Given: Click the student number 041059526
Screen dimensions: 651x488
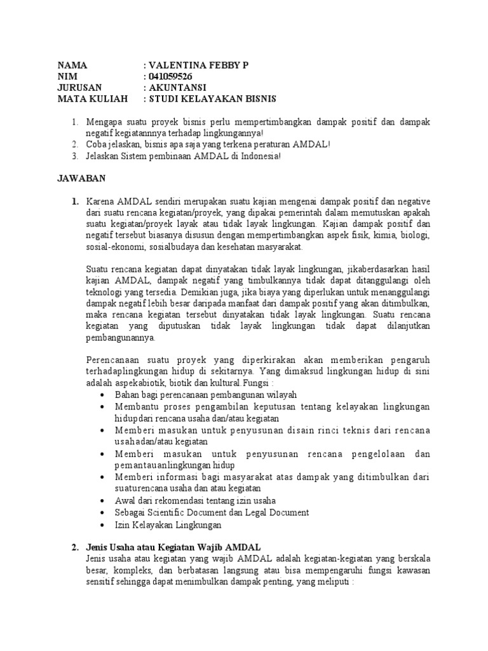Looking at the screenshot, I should point(170,76).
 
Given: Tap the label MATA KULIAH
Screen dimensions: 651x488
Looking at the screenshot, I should point(93,99).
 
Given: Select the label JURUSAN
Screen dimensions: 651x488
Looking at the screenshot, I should point(79,88).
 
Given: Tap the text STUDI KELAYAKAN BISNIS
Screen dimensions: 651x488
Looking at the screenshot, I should point(213,99).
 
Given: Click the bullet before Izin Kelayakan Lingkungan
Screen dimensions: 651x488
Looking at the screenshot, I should point(103,524).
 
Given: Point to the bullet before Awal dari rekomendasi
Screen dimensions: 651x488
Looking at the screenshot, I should point(103,501).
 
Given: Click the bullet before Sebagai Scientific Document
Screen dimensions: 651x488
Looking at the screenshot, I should point(103,512).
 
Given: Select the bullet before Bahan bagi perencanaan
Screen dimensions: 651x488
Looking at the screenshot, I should point(103,395).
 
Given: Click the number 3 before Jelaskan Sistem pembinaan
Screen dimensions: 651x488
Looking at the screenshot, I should point(74,156).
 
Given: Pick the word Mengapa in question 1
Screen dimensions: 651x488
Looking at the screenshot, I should point(105,121).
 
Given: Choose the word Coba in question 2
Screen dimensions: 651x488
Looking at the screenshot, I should point(95,145).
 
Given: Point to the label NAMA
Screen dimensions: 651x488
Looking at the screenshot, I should point(71,65).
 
